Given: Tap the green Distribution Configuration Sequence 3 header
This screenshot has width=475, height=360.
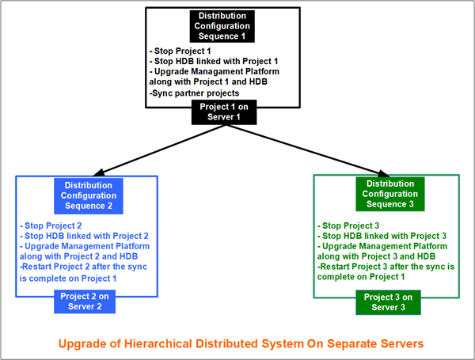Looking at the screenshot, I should pyautogui.click(x=387, y=194).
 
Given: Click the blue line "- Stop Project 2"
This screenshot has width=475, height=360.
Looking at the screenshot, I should pyautogui.click(x=51, y=225).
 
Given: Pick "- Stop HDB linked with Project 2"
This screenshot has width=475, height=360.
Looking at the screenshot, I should pyautogui.click(x=84, y=236).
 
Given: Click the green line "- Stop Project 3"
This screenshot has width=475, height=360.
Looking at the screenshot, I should pyautogui.click(x=349, y=225).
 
